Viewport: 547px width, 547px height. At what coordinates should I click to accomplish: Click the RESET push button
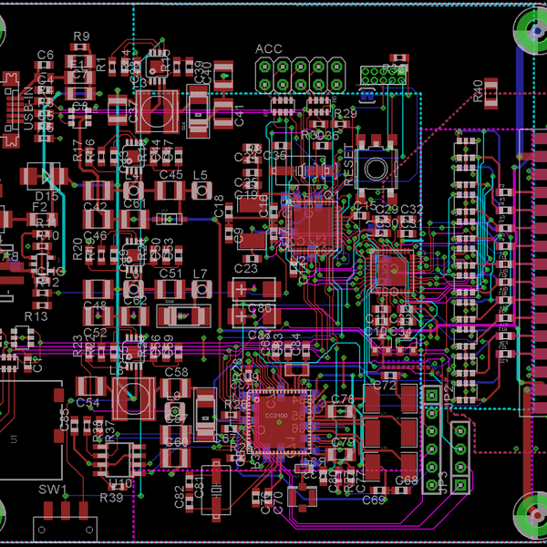tap(374, 166)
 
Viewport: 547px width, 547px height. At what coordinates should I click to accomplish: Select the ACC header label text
tap(268, 49)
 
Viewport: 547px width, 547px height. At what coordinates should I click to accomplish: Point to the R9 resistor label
tap(81, 36)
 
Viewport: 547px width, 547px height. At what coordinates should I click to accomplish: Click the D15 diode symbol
tap(43, 176)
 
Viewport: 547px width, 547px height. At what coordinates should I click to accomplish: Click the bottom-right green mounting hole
tap(533, 517)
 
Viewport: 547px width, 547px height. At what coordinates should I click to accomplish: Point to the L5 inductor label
tap(201, 174)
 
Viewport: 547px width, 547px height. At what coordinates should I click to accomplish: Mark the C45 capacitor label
tap(170, 174)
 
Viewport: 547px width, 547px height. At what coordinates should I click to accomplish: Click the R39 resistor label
tap(111, 498)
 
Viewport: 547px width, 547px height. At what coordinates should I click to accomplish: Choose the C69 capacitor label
tap(374, 500)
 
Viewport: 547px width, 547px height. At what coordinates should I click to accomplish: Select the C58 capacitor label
tap(176, 372)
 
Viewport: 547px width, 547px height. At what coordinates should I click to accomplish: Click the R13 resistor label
tap(36, 315)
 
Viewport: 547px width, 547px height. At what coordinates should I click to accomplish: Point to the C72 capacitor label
tap(385, 386)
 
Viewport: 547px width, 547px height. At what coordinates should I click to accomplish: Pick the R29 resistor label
tap(345, 113)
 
